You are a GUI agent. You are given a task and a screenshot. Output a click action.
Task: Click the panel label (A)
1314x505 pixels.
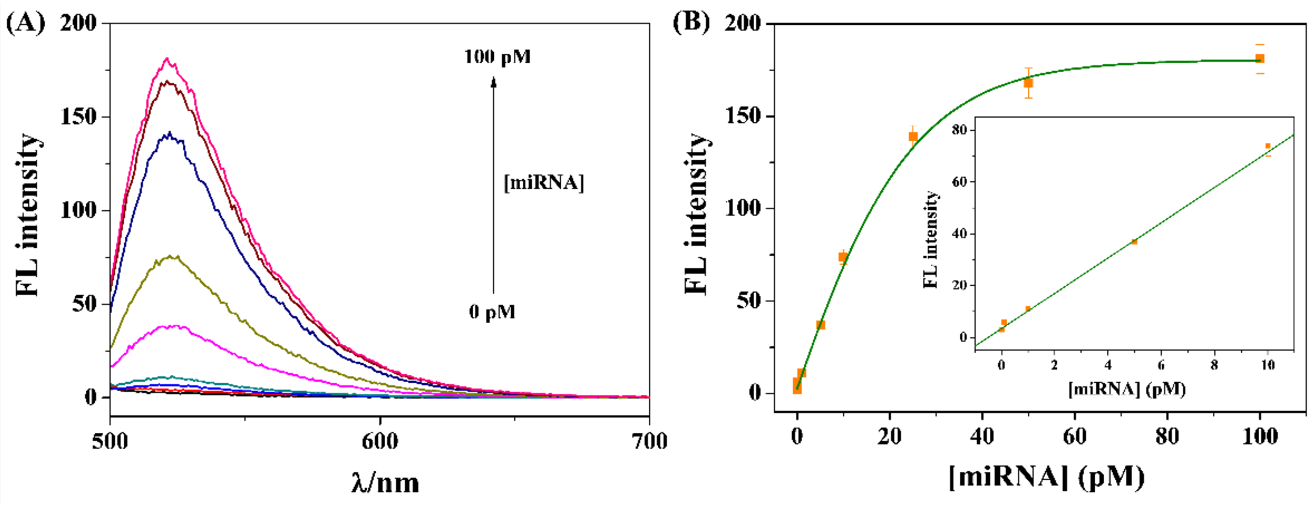26,24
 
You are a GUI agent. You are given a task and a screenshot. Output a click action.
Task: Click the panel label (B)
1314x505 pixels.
691,24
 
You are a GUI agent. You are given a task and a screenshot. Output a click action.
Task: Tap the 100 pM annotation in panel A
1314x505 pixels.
498,57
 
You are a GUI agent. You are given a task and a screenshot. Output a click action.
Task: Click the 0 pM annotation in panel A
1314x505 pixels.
492,312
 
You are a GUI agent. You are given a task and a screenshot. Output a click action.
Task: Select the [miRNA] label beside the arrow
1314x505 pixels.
544,182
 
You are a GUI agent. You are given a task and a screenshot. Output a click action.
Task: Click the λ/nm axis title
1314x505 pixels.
386,482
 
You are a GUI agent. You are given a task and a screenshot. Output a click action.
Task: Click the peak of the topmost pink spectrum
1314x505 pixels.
167,59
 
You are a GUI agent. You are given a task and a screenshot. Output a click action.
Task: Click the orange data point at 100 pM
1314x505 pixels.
1260,59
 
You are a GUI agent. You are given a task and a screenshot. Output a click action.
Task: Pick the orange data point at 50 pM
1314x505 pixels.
1029,83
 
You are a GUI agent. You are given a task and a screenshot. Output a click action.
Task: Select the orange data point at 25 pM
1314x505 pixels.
913,136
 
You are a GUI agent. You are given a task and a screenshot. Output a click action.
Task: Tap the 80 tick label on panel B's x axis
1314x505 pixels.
1167,437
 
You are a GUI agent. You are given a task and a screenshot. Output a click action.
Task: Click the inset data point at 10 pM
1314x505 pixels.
1268,146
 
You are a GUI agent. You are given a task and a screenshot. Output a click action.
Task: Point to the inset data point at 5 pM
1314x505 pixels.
1134,242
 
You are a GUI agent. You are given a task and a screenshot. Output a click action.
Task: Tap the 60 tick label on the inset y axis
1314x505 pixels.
960,182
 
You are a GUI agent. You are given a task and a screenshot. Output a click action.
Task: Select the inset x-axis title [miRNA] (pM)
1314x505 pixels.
1127,389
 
